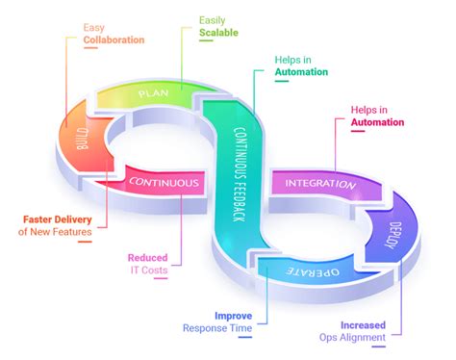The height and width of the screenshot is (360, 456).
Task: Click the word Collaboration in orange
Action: (x=113, y=40)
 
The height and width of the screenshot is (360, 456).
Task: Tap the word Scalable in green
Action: (x=220, y=32)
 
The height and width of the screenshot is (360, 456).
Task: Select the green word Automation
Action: (x=300, y=72)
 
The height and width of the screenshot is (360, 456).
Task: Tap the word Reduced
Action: (x=149, y=258)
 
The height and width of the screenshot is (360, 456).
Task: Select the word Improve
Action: (x=233, y=315)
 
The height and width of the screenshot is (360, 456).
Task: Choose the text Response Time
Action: (x=217, y=328)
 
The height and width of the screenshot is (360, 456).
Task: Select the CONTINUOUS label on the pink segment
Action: (x=164, y=182)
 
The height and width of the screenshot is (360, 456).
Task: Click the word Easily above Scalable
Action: (x=214, y=18)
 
